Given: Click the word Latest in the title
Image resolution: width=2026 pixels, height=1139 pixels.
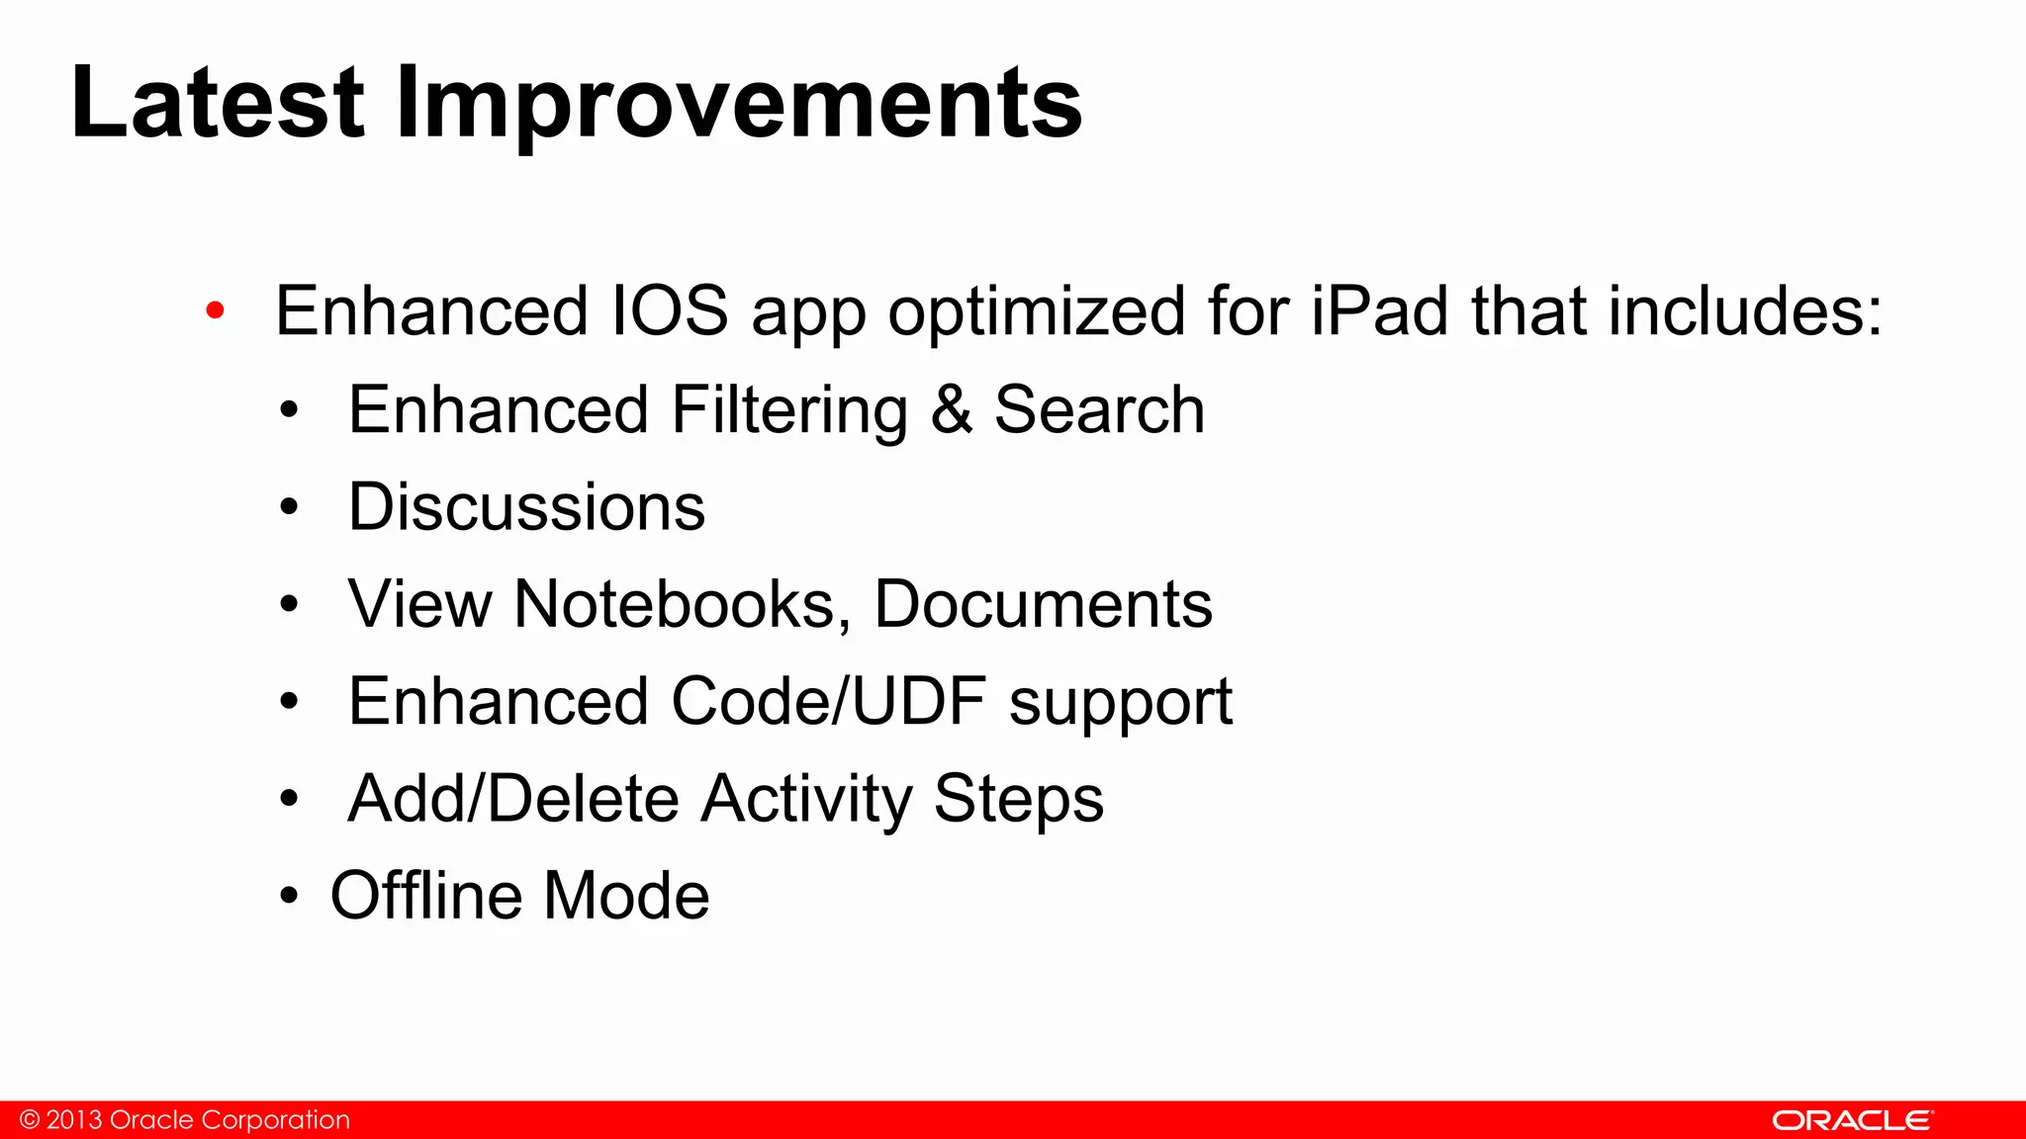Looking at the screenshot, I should click(218, 103).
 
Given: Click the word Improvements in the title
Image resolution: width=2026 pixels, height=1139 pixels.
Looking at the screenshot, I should click(738, 103).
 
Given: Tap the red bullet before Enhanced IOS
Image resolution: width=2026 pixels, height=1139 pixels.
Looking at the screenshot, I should click(215, 311).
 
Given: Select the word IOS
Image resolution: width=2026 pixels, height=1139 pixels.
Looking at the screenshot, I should click(670, 311).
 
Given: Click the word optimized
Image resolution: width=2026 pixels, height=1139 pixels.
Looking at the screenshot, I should click(1036, 311).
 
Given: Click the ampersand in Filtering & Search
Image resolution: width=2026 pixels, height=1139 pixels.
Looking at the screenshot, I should click(951, 410).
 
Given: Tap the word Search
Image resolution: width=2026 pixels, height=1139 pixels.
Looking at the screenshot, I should click(1099, 410).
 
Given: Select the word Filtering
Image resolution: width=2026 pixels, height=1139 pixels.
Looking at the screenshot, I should click(789, 410).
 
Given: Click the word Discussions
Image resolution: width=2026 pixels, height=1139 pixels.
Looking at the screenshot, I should click(526, 507).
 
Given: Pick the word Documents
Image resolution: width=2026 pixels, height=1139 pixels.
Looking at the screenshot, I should click(1043, 604).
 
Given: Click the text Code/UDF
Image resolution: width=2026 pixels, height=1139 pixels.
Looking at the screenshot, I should click(828, 701).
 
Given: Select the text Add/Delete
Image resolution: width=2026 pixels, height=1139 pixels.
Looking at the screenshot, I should click(512, 799).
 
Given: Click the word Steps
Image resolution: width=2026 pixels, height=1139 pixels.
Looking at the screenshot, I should click(1018, 799).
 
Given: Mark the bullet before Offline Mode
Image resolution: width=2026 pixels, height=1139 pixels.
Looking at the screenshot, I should click(288, 896).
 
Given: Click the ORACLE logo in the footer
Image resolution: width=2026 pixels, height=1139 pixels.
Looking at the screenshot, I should click(1851, 1120).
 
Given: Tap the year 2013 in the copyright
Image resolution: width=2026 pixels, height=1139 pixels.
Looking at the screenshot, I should click(74, 1120).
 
